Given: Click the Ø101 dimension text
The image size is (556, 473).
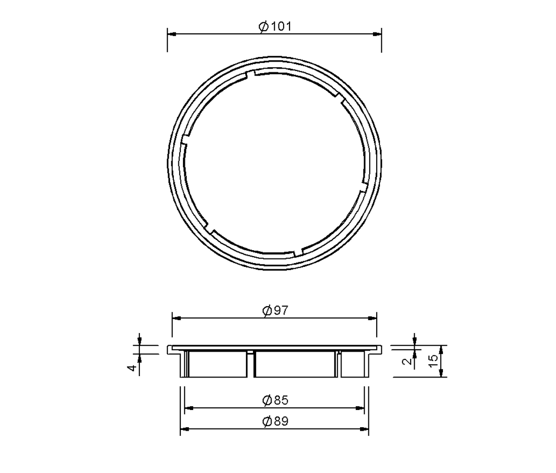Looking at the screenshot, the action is coord(275,27).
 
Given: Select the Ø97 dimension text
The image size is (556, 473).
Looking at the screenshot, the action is coord(275,310).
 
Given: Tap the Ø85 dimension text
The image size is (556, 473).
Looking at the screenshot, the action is coord(275,400).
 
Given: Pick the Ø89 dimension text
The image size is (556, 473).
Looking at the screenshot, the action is coord(275,421).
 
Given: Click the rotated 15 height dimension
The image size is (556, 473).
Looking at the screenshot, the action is coord(433,361).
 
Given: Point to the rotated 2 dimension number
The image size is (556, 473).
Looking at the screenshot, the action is coord(407,361).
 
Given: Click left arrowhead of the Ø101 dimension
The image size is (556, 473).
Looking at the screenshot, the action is coord(171,34).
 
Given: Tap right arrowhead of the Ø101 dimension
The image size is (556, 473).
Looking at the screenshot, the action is coord(377,34).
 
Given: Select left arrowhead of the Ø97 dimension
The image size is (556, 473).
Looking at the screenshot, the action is coord(177,318).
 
